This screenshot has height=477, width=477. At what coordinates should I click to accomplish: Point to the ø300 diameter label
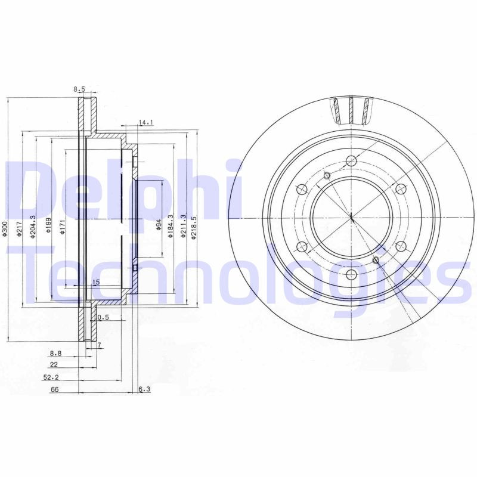pyautogui.click(x=4, y=230)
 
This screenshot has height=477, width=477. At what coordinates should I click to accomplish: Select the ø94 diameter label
pyautogui.click(x=159, y=225)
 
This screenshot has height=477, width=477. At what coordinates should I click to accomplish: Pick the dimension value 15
pyautogui.click(x=95, y=282)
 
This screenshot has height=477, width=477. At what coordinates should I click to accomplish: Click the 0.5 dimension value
pyautogui.click(x=103, y=317)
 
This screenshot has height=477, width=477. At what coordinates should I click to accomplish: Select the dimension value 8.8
pyautogui.click(x=56, y=354)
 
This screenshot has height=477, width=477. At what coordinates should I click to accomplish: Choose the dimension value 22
pyautogui.click(x=53, y=364)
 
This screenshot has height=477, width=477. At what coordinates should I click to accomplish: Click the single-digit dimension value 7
pyautogui.click(x=100, y=346)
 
